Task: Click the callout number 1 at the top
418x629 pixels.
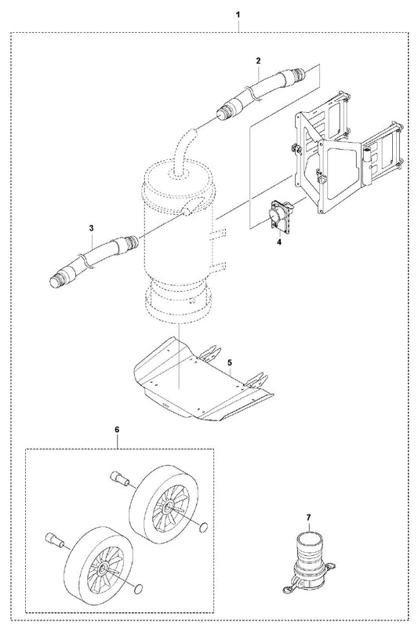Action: [x=238, y=15]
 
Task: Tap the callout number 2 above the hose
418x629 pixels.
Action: [x=258, y=60]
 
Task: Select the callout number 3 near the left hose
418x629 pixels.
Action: [x=92, y=228]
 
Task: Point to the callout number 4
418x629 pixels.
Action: [x=279, y=242]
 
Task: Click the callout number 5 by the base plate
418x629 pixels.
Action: [x=230, y=362]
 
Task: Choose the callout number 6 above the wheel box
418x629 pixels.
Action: [x=117, y=430]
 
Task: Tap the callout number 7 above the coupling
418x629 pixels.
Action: [x=308, y=518]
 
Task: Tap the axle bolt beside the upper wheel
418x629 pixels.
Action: [x=118, y=478]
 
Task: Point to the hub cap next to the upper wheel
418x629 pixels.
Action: [x=204, y=527]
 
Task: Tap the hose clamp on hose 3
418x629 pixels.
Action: [x=85, y=261]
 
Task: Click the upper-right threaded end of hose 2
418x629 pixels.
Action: [x=298, y=75]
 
